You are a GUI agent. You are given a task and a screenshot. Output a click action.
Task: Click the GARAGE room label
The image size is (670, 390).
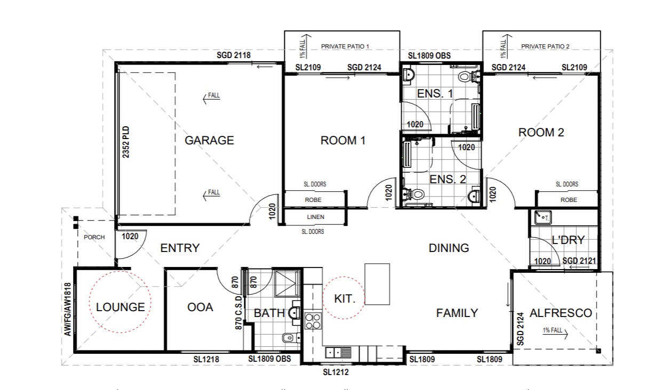(209, 140)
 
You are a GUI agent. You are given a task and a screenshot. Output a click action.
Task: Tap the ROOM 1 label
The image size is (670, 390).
(343, 141)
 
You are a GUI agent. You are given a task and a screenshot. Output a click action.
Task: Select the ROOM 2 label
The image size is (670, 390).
(541, 132)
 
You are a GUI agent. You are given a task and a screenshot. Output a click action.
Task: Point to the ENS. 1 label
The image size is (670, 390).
(435, 94)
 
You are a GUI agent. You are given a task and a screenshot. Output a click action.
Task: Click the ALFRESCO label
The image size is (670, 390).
(561, 313)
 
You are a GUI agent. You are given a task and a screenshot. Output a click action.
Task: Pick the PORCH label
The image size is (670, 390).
(94, 237)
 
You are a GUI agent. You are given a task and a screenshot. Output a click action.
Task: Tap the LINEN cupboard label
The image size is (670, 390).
(316, 217)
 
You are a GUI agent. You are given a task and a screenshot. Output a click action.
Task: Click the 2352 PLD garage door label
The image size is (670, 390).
(126, 142)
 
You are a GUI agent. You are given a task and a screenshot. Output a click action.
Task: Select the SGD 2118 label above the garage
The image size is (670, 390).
(234, 55)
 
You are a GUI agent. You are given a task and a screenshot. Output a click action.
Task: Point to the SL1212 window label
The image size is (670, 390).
(336, 372)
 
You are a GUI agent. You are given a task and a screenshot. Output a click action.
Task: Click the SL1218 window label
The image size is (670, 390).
(206, 359)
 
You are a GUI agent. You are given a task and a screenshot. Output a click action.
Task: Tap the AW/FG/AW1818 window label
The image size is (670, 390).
(68, 310)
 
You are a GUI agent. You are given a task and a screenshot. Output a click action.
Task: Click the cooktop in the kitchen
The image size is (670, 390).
(313, 321)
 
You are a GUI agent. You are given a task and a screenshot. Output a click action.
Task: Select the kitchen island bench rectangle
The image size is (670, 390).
(377, 284)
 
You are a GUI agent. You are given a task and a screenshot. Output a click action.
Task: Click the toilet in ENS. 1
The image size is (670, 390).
(468, 77)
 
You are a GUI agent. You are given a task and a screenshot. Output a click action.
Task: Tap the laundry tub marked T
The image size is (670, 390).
(543, 217)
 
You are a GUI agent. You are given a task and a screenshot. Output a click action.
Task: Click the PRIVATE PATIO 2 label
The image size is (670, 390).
(545, 46)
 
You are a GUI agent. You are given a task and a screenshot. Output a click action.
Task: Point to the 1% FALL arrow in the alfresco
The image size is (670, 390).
(555, 334)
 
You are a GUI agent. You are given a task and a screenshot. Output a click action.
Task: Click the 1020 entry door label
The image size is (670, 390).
(130, 237)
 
